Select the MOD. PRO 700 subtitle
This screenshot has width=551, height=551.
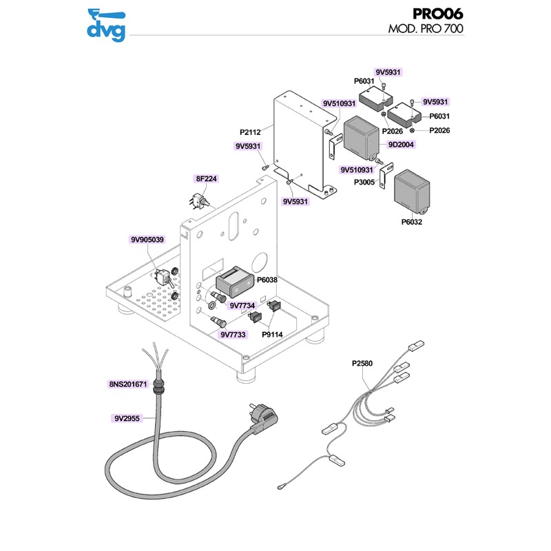click(425, 30)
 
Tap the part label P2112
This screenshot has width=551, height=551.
click(251, 131)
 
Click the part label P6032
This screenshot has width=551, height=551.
click(411, 222)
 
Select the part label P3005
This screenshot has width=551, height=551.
click(364, 183)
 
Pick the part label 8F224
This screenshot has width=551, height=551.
click(207, 178)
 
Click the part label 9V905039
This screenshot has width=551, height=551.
click(147, 240)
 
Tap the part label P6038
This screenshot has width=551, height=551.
click(267, 280)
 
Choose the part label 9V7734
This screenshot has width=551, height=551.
click(242, 305)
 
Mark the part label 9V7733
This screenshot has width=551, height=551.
click(233, 335)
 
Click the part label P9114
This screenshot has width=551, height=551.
click(273, 335)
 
